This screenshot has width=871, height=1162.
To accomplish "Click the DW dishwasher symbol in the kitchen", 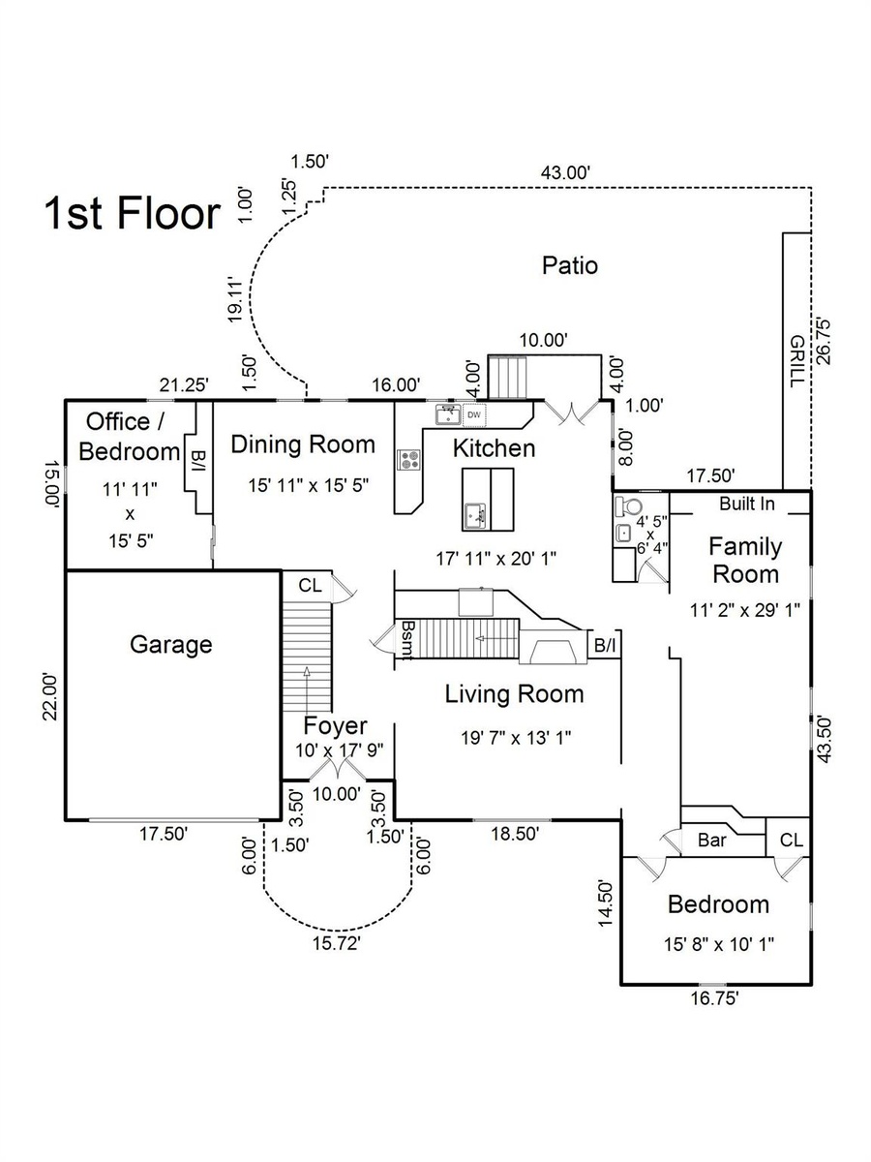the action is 474,415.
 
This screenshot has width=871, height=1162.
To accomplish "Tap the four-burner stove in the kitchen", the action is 408,459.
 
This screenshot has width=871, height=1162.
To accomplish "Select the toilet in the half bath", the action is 628,506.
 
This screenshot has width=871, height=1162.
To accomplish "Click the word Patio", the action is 570,265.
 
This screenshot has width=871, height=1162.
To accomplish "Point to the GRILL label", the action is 796,361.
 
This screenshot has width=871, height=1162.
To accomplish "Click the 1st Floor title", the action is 133,213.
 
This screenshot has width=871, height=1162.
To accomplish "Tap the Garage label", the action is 171,645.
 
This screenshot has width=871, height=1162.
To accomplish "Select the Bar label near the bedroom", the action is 712,840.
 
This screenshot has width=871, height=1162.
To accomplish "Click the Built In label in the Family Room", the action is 747,504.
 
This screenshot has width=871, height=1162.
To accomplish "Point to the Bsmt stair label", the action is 406,640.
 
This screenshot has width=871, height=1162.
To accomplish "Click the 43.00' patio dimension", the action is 565,172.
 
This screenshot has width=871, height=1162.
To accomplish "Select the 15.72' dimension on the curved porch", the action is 337,943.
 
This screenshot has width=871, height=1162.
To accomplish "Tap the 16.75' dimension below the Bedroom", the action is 714,998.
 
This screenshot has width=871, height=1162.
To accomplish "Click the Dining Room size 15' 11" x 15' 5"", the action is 309,485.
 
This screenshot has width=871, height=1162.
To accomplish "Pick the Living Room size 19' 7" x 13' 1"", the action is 516,738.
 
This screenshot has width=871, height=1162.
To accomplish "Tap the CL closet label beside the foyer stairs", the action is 310,585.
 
